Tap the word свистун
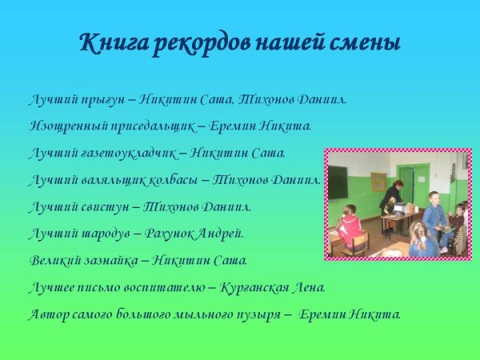98,206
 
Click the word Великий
52,260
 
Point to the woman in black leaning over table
391,196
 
